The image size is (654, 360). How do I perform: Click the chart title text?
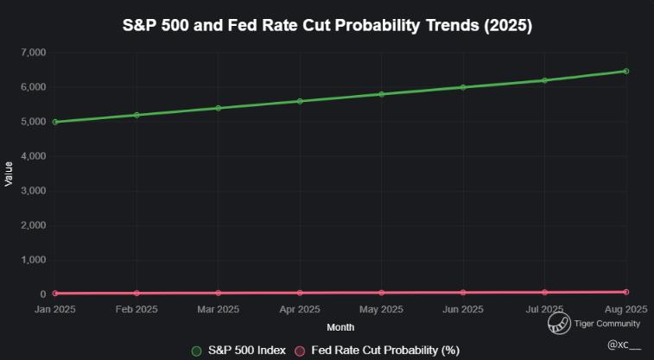(x=327, y=26)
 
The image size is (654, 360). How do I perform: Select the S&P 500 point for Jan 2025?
(x=55, y=122)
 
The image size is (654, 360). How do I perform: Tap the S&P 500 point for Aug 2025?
(x=625, y=71)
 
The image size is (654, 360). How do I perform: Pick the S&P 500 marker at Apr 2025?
(x=300, y=101)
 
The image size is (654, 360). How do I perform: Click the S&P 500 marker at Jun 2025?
(x=463, y=87)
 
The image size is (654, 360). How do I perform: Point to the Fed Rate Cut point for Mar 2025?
(x=219, y=293)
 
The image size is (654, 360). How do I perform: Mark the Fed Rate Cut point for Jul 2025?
(x=544, y=292)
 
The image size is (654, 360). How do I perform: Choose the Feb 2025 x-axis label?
(x=137, y=309)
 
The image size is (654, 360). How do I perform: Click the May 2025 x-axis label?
(x=381, y=309)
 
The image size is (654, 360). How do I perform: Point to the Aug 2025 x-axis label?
(x=625, y=309)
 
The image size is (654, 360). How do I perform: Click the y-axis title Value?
(x=10, y=174)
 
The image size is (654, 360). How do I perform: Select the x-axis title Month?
(x=340, y=327)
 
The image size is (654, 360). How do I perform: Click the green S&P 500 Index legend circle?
(x=196, y=351)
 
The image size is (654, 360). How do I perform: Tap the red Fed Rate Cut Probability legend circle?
(x=301, y=351)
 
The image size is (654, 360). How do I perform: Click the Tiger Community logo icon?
(x=558, y=324)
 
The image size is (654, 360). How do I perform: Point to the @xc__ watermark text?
(x=624, y=344)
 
